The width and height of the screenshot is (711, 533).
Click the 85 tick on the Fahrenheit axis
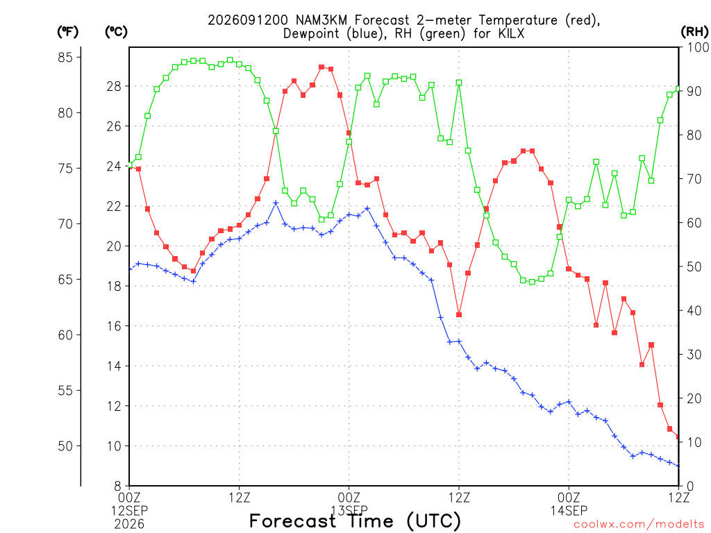tap(65, 58)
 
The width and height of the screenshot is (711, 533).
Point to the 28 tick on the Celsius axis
tap(115, 86)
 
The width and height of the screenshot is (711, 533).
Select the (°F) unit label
tap(67, 32)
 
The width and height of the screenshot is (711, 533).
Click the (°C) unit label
tap(116, 32)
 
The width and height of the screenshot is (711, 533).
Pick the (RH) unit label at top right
tap(694, 32)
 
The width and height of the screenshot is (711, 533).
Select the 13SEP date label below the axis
tap(349, 510)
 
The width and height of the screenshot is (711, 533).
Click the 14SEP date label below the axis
tap(569, 510)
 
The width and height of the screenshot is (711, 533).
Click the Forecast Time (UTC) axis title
tap(355, 521)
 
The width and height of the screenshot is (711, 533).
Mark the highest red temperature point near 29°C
tap(321, 67)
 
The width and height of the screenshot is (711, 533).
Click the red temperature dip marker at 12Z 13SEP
tap(459, 314)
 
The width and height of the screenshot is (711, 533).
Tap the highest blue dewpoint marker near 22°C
tap(276, 203)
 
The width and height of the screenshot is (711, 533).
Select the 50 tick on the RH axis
tap(694, 267)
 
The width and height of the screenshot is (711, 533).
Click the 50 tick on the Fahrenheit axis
tap(65, 446)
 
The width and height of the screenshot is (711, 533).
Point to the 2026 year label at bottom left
tap(129, 524)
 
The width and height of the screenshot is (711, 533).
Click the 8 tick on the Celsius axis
tap(117, 487)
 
